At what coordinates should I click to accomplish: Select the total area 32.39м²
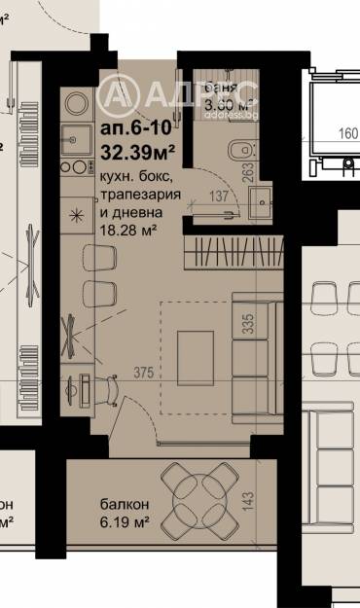click(x=139, y=152)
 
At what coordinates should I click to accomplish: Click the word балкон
click(x=125, y=504)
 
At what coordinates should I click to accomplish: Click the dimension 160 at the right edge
click(x=347, y=134)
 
